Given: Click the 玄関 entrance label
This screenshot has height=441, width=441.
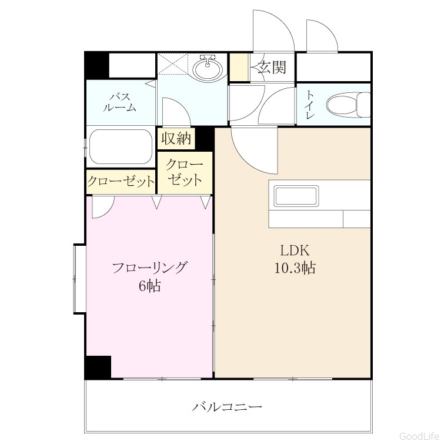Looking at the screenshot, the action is [272, 68].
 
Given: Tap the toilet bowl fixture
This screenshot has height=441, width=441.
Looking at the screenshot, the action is [348, 104].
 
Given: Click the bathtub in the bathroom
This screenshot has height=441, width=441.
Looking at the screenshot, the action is [121, 146].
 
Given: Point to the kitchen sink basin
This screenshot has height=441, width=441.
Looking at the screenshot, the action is [296, 196].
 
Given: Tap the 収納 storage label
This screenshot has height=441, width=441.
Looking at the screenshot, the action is [176, 138].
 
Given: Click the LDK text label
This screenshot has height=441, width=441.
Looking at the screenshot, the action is [295, 250].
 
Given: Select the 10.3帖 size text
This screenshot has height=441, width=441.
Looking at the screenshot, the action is [295, 268].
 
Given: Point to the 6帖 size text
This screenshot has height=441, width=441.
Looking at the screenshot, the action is [149, 286].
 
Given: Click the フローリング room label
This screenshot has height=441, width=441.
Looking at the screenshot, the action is [149, 268].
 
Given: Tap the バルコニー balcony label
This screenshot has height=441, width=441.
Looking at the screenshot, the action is [227, 407].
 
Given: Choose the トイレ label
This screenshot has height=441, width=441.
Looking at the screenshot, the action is [310, 104].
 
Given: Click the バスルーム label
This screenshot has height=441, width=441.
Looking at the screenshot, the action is [119, 102].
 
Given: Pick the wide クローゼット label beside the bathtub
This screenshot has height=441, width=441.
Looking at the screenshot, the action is [121, 182].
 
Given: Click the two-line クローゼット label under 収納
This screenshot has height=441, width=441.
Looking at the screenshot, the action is [185, 172].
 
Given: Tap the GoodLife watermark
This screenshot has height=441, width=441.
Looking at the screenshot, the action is [420, 436].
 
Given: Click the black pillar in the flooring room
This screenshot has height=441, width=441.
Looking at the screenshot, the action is [98, 367].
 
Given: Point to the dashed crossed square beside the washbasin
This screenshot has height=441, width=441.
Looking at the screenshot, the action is [172, 64].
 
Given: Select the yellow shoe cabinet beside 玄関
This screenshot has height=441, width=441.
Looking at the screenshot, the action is [239, 67].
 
